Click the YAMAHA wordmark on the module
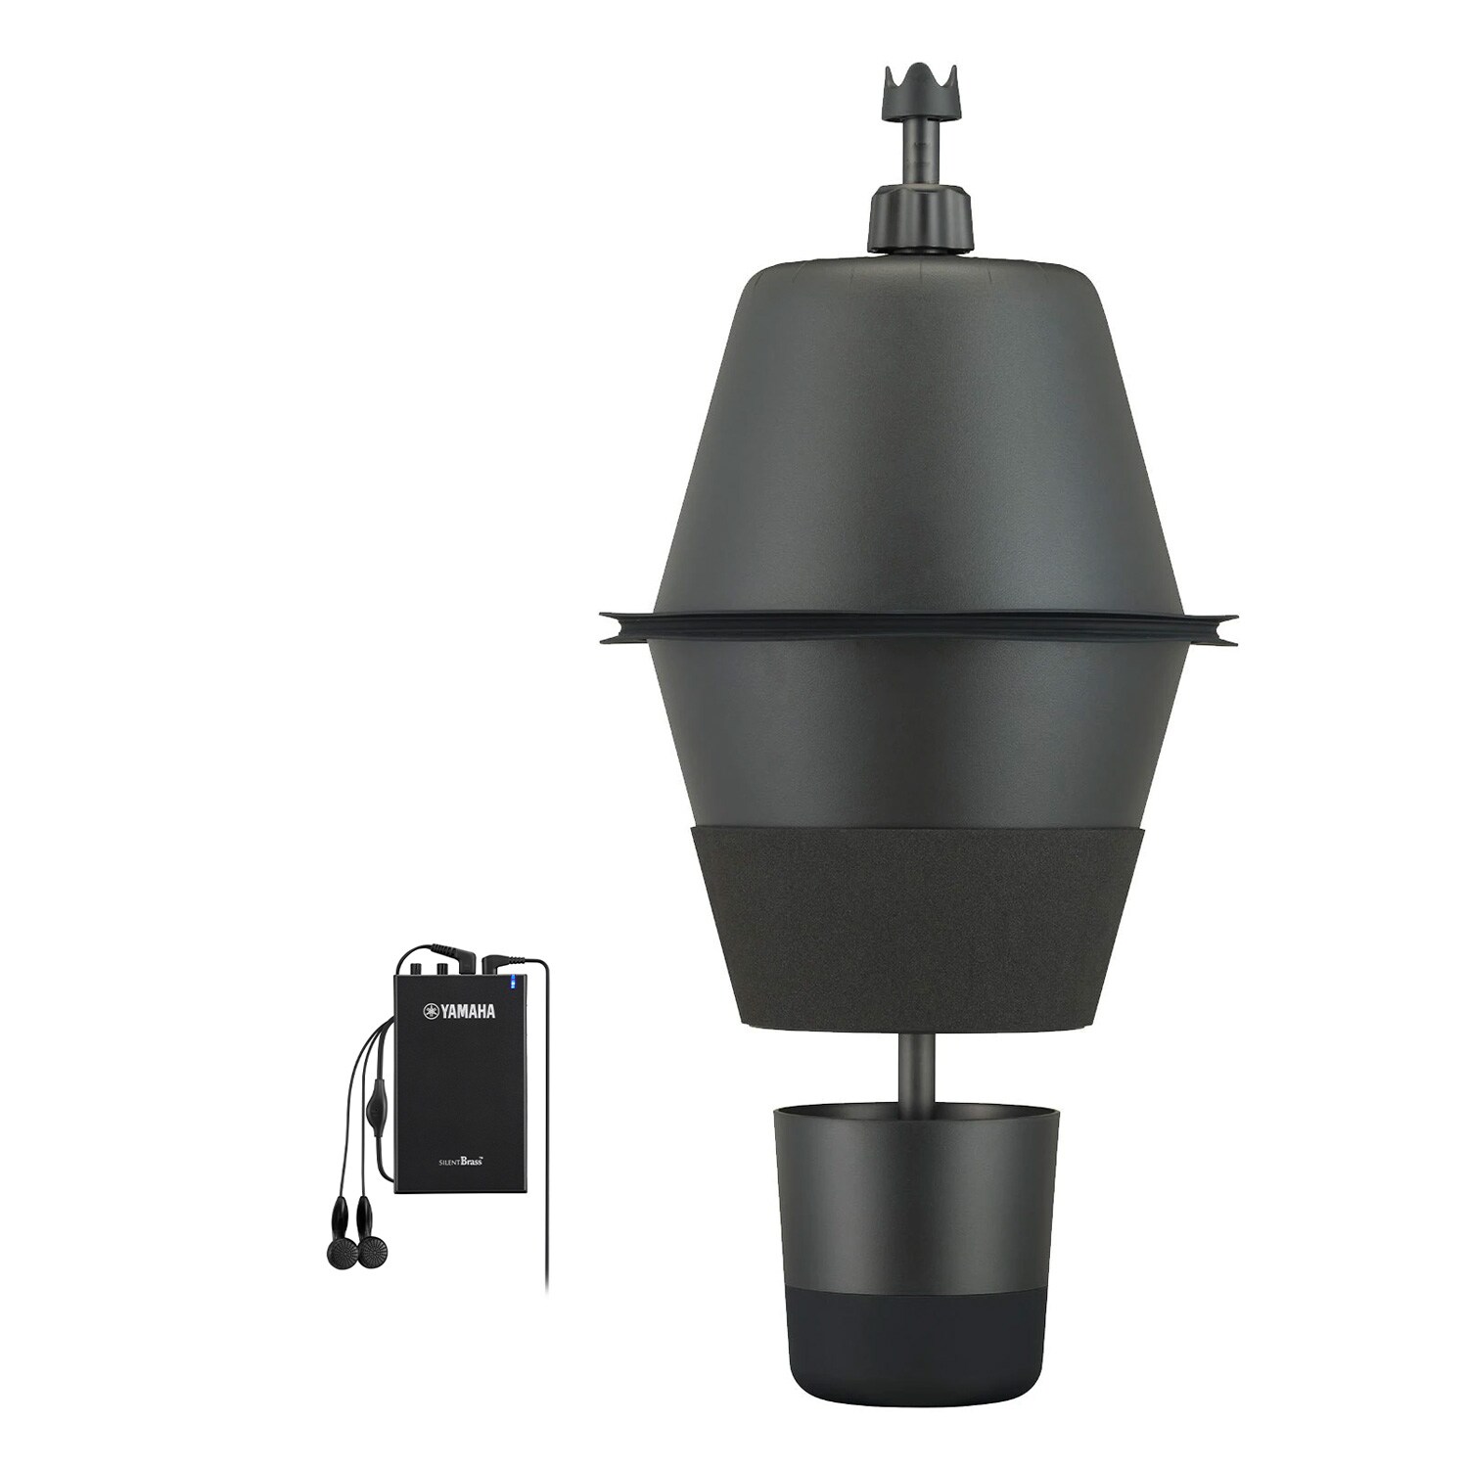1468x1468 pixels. point(465,1012)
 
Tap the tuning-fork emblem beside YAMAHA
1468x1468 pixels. point(429,1012)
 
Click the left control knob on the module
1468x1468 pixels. point(428,970)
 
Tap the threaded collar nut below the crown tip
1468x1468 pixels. point(917,221)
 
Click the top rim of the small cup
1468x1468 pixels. point(916,1113)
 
